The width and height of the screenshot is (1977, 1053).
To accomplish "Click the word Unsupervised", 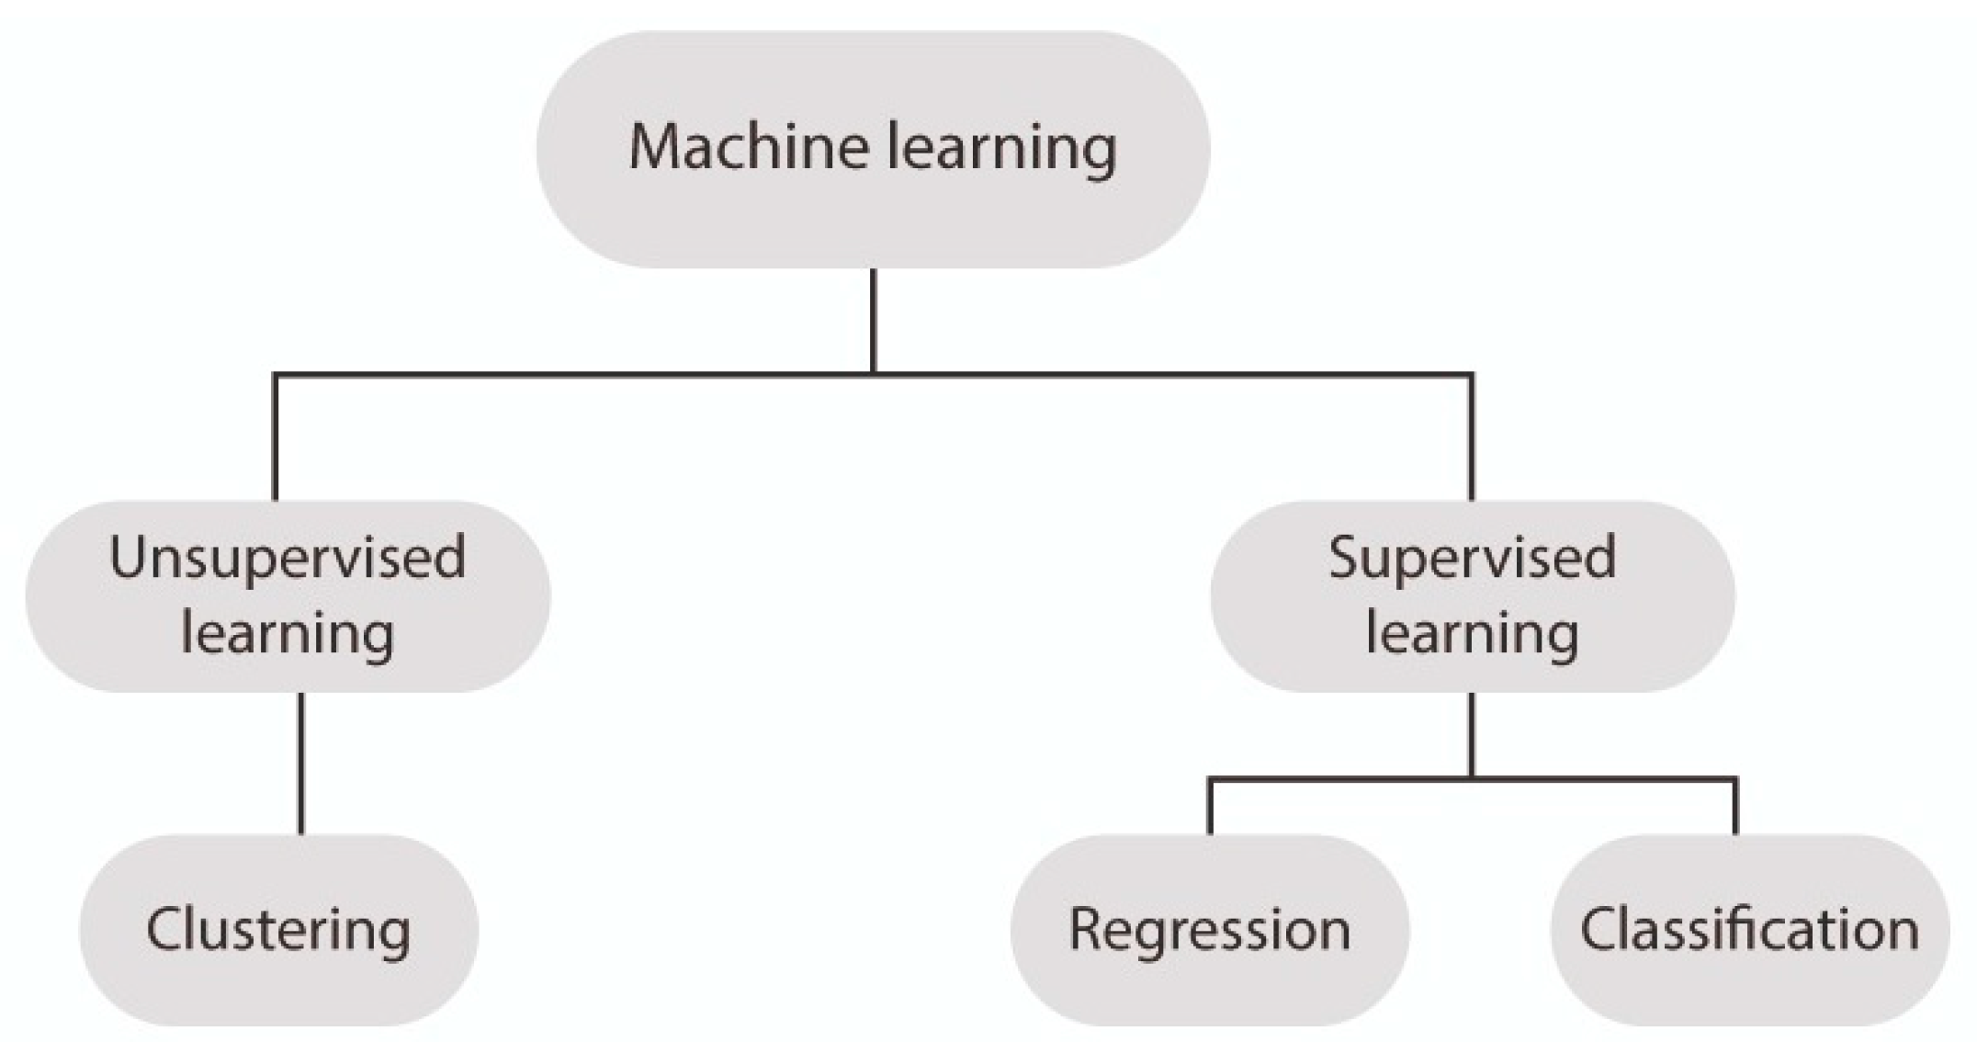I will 288,558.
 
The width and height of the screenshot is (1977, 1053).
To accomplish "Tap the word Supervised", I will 1472,558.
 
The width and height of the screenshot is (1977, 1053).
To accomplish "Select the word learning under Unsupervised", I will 288,634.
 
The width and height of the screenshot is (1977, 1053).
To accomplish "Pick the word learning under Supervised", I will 1472,634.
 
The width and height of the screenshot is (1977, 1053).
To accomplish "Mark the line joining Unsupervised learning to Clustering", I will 301,763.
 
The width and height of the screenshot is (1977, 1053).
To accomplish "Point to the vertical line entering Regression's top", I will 1210,807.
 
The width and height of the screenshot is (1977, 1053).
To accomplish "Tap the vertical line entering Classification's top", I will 1735,807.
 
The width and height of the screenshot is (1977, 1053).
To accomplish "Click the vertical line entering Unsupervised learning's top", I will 275,437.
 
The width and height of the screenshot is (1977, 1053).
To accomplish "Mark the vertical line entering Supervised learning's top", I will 1472,437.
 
